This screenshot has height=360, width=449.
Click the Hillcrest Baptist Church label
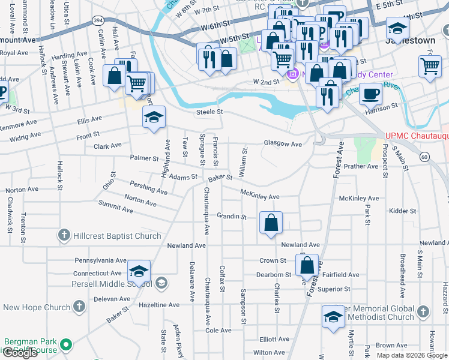[x=117, y=236]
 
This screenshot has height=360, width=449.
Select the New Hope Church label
[x=37, y=308]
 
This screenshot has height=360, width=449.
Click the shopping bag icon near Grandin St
[x=271, y=222]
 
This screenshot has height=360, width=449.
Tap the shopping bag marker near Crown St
[x=307, y=264]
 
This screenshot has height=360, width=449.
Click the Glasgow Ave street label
[x=283, y=144]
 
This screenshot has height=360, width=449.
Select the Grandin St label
[x=232, y=215]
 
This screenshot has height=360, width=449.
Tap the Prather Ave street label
[x=361, y=166]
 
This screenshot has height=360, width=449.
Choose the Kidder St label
[x=402, y=211]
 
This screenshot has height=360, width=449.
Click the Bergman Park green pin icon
[x=67, y=345]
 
